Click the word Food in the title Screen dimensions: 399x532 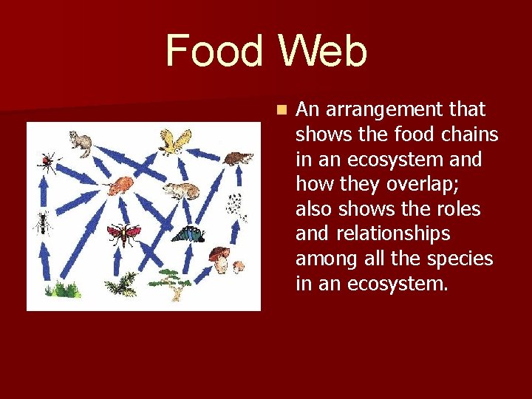[214, 52]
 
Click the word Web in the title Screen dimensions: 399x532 [322, 52]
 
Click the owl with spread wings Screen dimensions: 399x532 [174, 141]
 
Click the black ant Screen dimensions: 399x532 [43, 221]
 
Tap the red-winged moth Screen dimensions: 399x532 [123, 234]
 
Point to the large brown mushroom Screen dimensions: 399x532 [219, 257]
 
